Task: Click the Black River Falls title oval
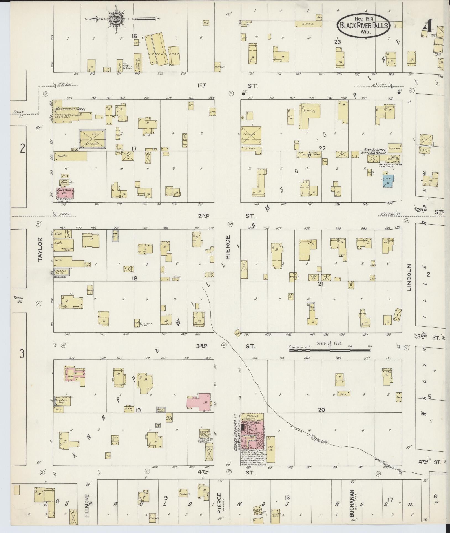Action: coord(363,25)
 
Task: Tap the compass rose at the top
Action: coord(115,19)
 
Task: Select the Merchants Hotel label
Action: coord(70,109)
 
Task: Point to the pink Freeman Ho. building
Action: coord(65,193)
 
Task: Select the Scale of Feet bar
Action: coord(330,350)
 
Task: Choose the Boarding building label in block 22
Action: coord(309,111)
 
